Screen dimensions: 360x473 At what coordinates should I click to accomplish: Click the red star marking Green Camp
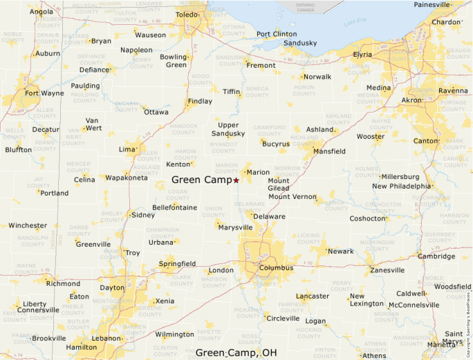pyautogui.click(x=236, y=180)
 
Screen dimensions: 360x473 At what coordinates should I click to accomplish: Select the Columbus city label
pyautogui.click(x=277, y=268)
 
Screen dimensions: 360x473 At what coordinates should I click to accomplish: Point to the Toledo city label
pyautogui.click(x=190, y=15)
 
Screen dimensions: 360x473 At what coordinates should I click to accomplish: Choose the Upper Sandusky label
pyautogui.click(x=228, y=129)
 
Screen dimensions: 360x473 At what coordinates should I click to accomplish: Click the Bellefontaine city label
pyautogui.click(x=174, y=207)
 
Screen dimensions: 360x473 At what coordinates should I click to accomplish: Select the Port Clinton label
pyautogui.click(x=277, y=34)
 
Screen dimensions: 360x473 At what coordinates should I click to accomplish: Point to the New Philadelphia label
pyautogui.click(x=401, y=186)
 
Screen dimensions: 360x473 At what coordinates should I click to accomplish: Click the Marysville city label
pyautogui.click(x=234, y=227)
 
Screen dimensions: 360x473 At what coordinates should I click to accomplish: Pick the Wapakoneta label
pyautogui.click(x=127, y=178)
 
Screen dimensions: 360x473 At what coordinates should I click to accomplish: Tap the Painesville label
pyautogui.click(x=432, y=5)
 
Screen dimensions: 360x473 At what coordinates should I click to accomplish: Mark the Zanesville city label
pyautogui.click(x=387, y=270)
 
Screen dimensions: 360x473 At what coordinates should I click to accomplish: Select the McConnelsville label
pyautogui.click(x=414, y=305)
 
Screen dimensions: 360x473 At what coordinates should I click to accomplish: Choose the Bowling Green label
pyautogui.click(x=174, y=61)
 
